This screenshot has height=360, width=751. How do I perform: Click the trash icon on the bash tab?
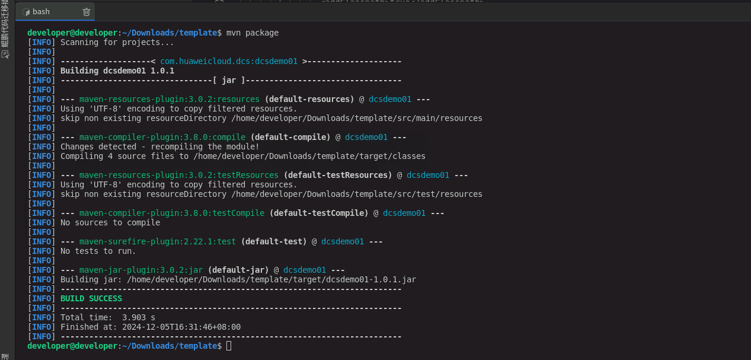coord(86,12)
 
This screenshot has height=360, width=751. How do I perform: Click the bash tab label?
coord(41,12)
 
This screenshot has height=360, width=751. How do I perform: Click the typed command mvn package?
coord(253,33)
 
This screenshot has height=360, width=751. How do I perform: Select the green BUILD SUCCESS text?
coord(91,298)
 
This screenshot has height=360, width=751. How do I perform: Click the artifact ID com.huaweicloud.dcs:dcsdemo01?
coord(229,62)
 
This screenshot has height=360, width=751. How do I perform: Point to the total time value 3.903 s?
coord(139,317)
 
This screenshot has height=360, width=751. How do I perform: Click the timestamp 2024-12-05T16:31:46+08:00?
coord(181,327)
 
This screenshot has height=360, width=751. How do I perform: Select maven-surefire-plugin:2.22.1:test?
coord(158,241)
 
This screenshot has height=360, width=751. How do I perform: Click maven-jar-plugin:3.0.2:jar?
coord(141,270)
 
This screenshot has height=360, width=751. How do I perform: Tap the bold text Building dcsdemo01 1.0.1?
coord(117,71)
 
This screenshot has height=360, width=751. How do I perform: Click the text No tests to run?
coord(98,251)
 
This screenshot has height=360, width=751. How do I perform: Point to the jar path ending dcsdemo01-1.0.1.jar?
coord(271,280)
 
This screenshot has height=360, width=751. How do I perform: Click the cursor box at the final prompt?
coord(229,346)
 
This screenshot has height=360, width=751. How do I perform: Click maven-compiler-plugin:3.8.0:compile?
coord(162,137)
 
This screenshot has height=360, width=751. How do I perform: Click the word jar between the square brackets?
coord(229,81)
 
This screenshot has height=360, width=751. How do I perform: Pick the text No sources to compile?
coord(110,223)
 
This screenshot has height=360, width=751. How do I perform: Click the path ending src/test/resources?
coord(357,195)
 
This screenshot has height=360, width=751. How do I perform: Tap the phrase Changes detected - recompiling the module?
coord(160,147)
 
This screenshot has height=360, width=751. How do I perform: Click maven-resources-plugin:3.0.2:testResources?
coord(179,175)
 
